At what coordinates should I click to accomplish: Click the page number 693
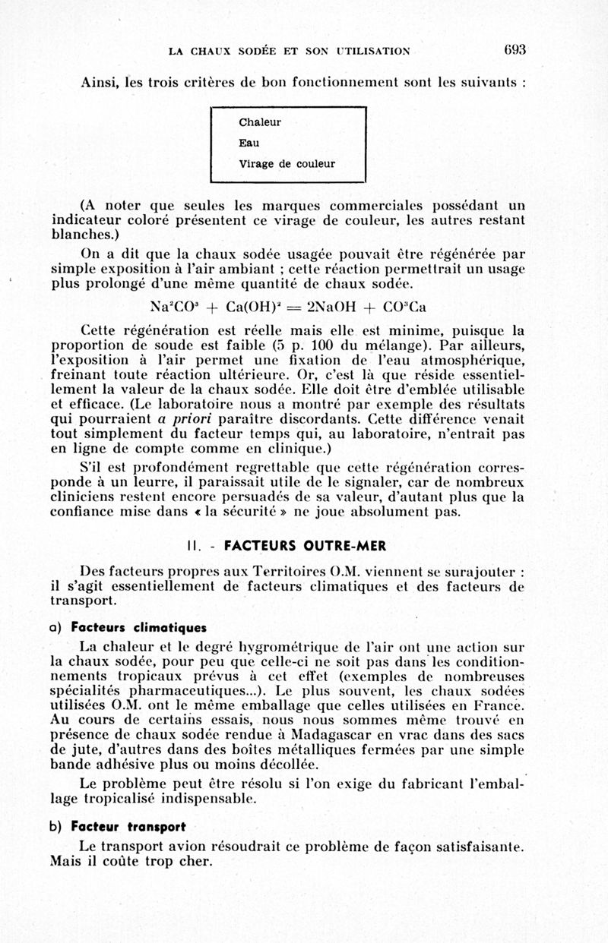click(514, 50)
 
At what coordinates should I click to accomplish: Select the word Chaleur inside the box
click(259, 122)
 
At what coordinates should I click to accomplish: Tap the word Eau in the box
click(249, 143)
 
